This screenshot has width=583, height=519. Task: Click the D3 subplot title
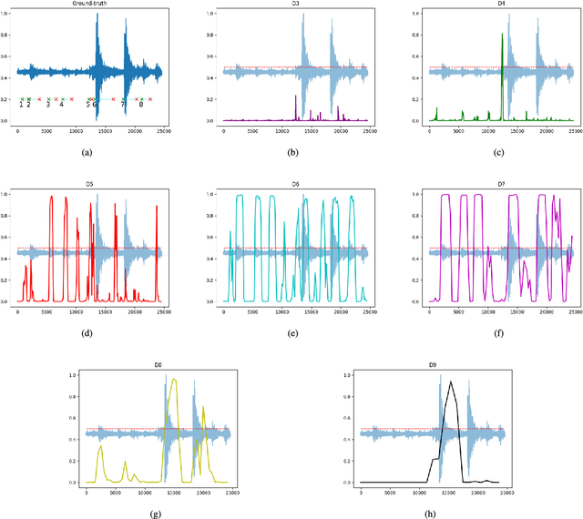pos(296,5)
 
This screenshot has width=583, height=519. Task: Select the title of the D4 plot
pos(503,5)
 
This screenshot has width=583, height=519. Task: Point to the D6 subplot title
pos(296,186)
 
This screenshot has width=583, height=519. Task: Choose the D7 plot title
pos(503,186)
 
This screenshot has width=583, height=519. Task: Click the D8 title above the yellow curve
pos(159,366)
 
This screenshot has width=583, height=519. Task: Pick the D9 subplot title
pos(432,366)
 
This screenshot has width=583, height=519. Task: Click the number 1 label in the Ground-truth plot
pos(21,105)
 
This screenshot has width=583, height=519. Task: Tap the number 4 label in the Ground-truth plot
pos(62,105)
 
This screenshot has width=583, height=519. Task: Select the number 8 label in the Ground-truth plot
pos(141,105)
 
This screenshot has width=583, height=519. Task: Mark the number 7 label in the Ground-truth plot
pos(123,105)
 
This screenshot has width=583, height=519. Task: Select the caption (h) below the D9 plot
pos(432,514)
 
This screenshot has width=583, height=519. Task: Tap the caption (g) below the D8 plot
pos(159,514)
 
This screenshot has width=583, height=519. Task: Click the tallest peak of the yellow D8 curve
pos(174,380)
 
